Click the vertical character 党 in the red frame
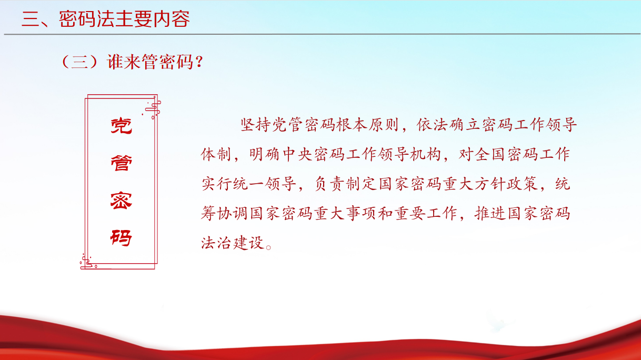[x=122, y=126]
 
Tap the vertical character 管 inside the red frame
[x=122, y=163]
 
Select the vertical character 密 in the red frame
[x=122, y=201]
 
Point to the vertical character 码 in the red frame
[x=122, y=237]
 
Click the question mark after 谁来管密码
[x=200, y=62]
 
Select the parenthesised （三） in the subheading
[x=79, y=62]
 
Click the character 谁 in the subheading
[x=115, y=62]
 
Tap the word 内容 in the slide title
[x=172, y=19]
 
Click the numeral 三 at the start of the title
[x=31, y=19]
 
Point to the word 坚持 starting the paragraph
[x=256, y=125]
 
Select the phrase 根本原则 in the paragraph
[x=367, y=125]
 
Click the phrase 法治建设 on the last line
[x=232, y=243]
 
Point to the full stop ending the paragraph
[x=268, y=247]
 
